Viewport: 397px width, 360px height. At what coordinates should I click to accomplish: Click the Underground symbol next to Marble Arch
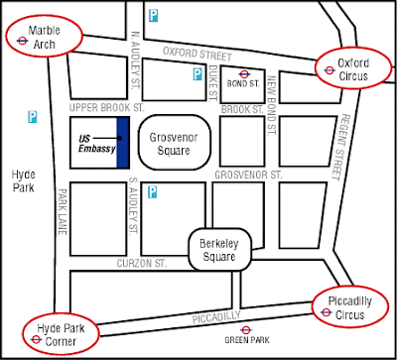point(22,41)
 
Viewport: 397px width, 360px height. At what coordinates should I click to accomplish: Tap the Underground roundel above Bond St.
point(244,73)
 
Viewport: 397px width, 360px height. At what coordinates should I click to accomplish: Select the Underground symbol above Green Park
point(246,330)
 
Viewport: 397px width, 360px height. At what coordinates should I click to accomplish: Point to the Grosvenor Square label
point(174,144)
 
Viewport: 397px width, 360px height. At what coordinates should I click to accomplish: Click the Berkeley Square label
point(219,250)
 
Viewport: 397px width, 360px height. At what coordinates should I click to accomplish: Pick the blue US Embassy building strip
point(123,142)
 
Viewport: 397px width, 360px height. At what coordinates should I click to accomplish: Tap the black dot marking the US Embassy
point(119,138)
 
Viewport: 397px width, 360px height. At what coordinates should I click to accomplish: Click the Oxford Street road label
point(198,54)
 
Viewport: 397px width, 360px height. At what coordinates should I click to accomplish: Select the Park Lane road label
point(63,211)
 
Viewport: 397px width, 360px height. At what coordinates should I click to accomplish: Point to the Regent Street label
point(340,147)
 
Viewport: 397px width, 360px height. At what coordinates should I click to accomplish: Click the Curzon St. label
point(142,264)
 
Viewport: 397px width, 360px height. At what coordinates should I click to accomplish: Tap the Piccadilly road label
point(216,317)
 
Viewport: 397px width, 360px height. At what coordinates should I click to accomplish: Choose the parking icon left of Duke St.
point(198,74)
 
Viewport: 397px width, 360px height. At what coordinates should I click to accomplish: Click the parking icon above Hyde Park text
point(33,117)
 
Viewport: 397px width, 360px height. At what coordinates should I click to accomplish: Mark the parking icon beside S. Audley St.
point(152,192)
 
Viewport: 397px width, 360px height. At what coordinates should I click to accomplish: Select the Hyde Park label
point(24,181)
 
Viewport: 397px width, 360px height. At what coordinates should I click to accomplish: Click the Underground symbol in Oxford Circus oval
point(330,70)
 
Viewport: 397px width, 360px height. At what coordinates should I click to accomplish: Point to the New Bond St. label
point(272,105)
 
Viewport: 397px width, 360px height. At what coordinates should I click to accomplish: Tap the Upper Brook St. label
point(107,108)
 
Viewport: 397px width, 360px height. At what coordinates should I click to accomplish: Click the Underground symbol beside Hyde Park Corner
point(36,339)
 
